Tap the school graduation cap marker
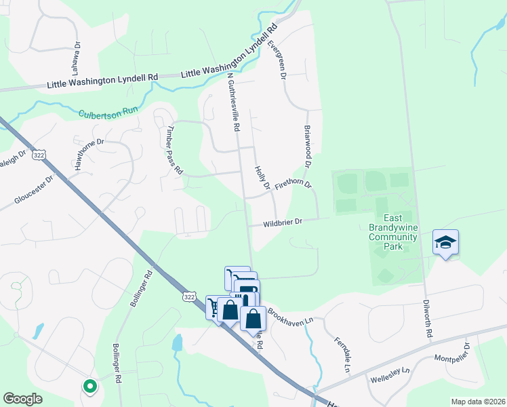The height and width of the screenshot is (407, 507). [445, 242]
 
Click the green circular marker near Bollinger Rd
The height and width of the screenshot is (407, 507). [89, 387]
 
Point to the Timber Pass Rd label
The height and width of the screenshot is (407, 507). [175, 151]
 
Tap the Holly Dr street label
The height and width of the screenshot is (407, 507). [262, 176]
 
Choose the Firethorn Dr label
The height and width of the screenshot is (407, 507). [293, 185]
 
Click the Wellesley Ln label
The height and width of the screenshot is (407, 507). [390, 375]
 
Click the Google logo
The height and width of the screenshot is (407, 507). [23, 399]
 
